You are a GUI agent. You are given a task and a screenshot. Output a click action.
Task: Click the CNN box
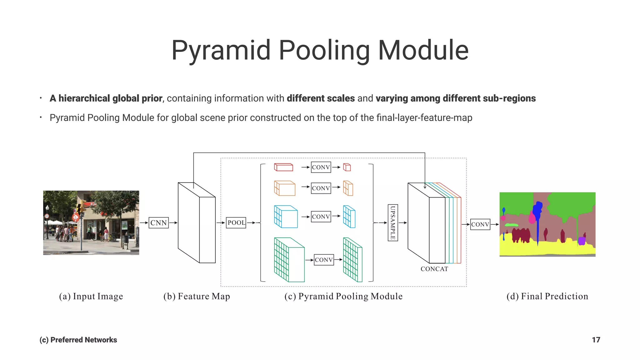[x=158, y=223]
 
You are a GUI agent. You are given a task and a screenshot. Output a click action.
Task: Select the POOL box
[x=236, y=223]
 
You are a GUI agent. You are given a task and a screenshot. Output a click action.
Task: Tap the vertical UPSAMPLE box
[x=393, y=223]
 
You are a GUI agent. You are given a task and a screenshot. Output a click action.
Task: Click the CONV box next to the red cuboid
[x=321, y=167]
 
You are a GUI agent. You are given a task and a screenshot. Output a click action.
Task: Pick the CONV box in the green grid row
[x=324, y=260]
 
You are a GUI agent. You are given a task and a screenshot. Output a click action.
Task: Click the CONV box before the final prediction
[x=480, y=224]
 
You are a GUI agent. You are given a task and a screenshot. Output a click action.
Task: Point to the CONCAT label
[x=434, y=269]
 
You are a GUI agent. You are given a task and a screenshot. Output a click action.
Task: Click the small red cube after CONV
[x=347, y=167]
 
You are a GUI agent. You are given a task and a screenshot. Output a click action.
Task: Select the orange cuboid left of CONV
[x=284, y=188]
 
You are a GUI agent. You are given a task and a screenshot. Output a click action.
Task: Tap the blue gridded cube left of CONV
[x=286, y=216]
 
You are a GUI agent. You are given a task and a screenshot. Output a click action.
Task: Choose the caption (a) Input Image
[x=91, y=296]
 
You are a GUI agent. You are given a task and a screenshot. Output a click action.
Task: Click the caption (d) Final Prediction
[x=547, y=296]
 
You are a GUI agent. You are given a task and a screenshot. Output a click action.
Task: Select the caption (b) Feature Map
[x=197, y=296]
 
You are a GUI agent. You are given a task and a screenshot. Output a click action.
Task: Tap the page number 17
[x=596, y=340]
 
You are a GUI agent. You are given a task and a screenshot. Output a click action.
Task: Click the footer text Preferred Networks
[x=83, y=340]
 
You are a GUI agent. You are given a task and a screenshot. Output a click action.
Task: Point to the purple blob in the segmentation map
[x=581, y=241]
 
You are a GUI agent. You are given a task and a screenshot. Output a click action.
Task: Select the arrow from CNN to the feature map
[x=173, y=223]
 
